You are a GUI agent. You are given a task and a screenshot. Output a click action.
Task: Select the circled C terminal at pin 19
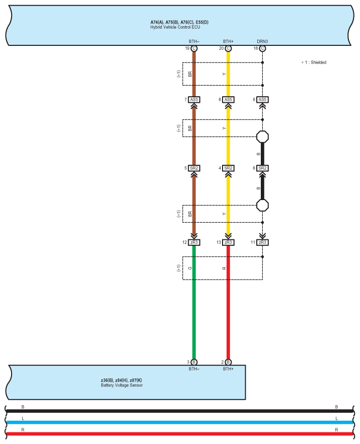click(194, 48)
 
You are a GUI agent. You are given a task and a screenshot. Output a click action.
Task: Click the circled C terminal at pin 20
click(228, 48)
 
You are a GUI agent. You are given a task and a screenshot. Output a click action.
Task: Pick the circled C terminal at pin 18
click(262, 48)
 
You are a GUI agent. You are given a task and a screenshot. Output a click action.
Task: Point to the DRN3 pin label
click(262, 41)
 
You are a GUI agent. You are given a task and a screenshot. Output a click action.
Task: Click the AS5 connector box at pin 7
click(194, 100)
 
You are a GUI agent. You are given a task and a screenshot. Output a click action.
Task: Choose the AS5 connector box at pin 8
click(228, 100)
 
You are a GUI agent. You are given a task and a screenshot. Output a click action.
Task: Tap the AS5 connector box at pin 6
click(262, 100)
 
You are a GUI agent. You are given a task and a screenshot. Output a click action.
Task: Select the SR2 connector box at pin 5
click(194, 168)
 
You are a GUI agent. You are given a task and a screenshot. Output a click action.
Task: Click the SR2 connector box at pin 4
click(228, 168)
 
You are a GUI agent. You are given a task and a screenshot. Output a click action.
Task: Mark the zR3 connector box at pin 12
click(194, 242)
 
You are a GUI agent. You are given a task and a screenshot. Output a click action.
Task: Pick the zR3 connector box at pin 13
click(228, 242)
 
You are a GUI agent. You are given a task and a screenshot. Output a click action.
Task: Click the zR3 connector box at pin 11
click(262, 242)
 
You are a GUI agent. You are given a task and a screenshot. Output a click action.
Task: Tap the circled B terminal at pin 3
click(194, 362)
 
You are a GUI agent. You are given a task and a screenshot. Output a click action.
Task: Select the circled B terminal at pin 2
click(228, 362)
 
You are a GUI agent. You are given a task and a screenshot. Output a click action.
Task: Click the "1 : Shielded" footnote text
click(315, 62)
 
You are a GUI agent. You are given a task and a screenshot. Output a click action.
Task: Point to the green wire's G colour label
click(190, 268)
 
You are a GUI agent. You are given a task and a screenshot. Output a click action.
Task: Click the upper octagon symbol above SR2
click(262, 137)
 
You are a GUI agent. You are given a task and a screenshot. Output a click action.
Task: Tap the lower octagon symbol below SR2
click(262, 205)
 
